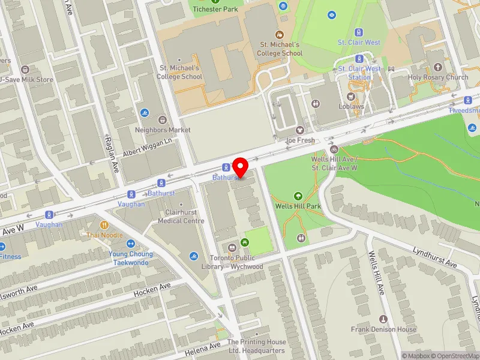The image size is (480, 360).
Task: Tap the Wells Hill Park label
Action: point(298,206)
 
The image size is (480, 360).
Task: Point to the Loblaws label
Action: point(351,107)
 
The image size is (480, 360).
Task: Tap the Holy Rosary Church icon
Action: point(438,67)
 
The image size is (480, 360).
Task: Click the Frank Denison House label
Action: point(383,329)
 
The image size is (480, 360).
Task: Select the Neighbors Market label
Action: point(163,130)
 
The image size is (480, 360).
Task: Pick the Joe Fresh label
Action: point(300,140)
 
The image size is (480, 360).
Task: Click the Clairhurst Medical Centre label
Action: point(181,217)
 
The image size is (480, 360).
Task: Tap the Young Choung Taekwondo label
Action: point(131,258)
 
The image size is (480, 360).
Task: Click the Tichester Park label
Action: point(215,9)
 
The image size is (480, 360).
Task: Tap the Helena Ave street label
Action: point(207,346)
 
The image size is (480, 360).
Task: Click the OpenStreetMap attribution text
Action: point(451,356)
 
